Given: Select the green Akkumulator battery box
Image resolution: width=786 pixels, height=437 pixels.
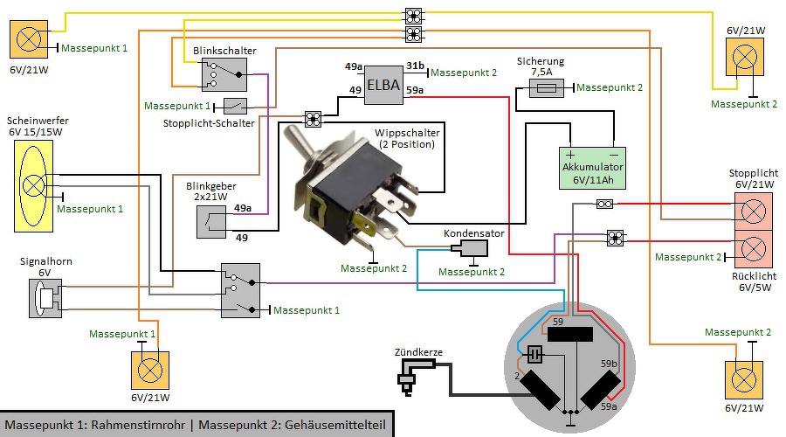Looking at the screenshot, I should click(593, 168).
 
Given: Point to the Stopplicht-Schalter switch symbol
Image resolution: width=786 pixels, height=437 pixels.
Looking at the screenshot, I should click(235, 106).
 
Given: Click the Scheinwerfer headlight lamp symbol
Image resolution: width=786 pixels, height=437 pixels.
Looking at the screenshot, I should click(34, 186).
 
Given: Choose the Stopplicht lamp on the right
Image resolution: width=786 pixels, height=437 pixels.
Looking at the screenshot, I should click(752, 211).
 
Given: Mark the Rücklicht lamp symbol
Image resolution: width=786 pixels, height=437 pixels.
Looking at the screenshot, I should click(752, 250).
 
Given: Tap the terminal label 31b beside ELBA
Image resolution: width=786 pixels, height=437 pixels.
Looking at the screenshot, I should click(415, 66).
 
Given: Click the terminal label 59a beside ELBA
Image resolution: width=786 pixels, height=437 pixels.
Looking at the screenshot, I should click(415, 90).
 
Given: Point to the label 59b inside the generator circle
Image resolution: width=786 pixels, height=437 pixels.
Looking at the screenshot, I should click(609, 364).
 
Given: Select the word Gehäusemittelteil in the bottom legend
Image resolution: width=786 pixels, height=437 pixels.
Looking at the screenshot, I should click(336, 424).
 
